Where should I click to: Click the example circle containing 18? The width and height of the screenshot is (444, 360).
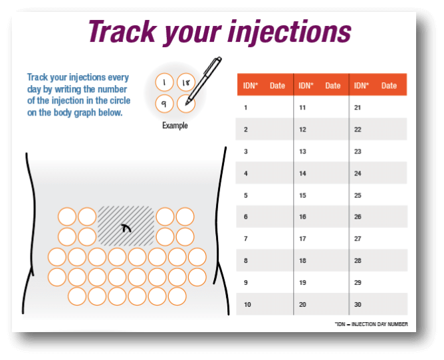tap(185, 82)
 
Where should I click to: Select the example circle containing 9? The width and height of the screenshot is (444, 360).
tap(164, 104)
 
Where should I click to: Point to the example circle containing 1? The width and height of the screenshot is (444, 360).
tap(164, 82)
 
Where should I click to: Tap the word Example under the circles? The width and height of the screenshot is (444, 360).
tap(175, 126)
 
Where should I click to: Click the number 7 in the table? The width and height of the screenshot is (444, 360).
tap(246, 238)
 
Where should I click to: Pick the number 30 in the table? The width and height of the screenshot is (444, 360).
tap(358, 304)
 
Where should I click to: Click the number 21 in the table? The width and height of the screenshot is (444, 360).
tap(358, 107)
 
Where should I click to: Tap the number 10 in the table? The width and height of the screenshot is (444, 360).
tap(247, 304)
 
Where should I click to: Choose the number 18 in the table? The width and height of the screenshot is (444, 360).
tap(302, 260)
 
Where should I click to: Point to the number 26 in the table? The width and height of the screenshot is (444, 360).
tap(358, 217)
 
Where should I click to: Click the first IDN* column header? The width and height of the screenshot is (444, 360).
tap(251, 86)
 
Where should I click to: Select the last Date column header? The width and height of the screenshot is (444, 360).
tap(389, 86)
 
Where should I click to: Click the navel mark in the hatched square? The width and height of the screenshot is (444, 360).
tap(126, 228)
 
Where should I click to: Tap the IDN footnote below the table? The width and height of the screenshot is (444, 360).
tap(372, 324)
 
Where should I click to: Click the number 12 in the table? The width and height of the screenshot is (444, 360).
tap(302, 129)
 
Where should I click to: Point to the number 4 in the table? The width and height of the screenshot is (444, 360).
tap(246, 173)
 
